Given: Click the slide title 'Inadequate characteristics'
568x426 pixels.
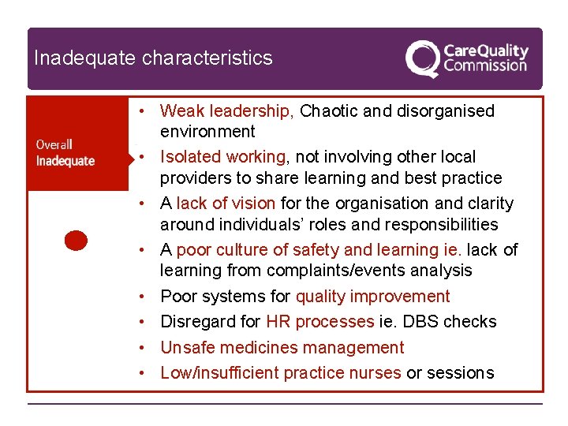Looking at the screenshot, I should tap(153, 58).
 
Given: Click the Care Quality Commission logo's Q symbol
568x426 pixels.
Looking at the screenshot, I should tap(422, 58).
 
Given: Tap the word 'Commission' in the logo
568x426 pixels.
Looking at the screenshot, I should tap(484, 65).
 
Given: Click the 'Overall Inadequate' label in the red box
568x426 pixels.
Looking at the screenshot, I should tap(65, 152).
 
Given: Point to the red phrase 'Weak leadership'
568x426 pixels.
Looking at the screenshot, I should tap(226, 111).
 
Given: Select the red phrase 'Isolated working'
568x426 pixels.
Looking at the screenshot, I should tap(222, 157).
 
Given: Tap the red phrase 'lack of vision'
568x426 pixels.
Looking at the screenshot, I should tap(226, 204).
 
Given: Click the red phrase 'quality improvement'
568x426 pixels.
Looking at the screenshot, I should tap(372, 297).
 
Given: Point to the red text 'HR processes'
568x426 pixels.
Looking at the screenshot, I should tap(319, 322).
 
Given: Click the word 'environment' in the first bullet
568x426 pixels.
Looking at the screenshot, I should tap(207, 132).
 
